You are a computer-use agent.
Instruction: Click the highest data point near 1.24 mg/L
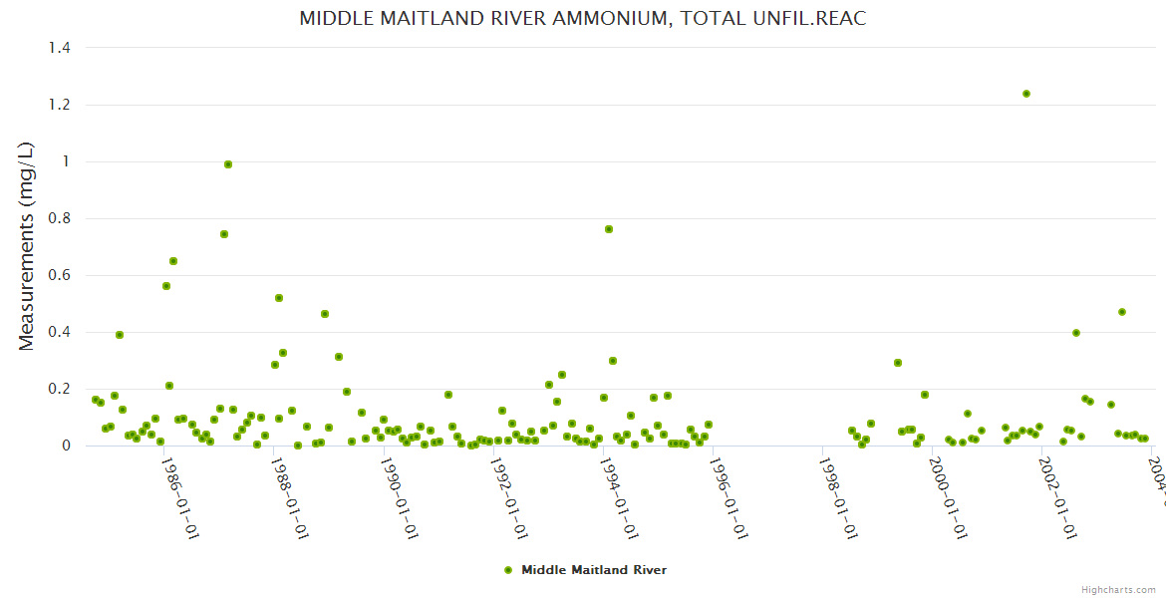point(1026,94)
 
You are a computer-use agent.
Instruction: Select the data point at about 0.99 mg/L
point(228,164)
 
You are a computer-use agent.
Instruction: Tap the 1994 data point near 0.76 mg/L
point(609,229)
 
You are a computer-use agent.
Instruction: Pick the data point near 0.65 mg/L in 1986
point(173,261)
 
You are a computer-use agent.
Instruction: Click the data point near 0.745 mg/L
point(224,234)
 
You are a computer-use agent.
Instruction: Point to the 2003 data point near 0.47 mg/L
point(1122,312)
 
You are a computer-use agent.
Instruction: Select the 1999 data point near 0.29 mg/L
point(898,363)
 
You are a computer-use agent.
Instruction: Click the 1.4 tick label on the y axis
point(61,48)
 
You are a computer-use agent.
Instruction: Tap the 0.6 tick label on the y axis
point(61,275)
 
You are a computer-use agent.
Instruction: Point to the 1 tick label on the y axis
point(67,161)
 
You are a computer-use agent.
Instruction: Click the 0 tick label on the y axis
point(67,446)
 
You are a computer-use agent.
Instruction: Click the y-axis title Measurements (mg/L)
point(27,246)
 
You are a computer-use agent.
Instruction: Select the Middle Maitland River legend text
point(594,570)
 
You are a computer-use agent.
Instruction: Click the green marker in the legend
point(508,570)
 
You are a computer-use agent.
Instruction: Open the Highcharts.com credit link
point(1119,590)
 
